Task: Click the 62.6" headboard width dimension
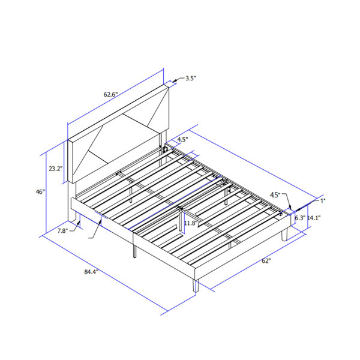(x=110, y=94)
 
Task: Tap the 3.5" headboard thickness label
(x=191, y=78)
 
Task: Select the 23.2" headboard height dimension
(x=56, y=169)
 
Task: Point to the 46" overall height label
(x=40, y=192)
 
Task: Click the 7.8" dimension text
(x=62, y=231)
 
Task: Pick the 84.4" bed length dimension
(x=91, y=272)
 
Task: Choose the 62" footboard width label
(x=266, y=261)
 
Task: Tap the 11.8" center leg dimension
(x=191, y=223)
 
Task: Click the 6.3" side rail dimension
(x=300, y=218)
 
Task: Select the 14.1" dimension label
(x=314, y=218)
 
